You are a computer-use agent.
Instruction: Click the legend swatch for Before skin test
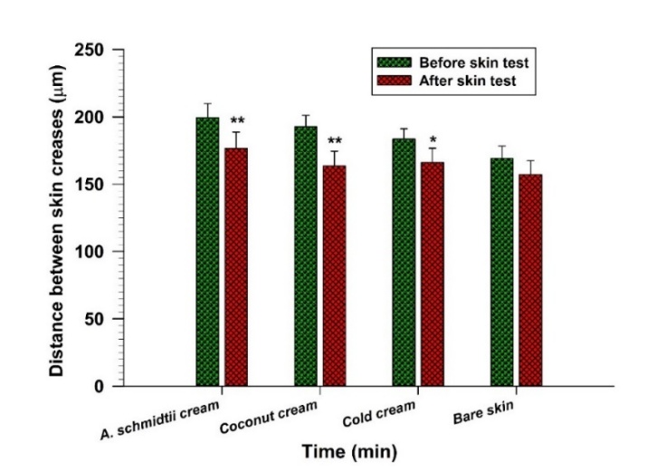pyautogui.click(x=394, y=62)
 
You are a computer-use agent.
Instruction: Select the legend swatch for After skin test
pyautogui.click(x=394, y=80)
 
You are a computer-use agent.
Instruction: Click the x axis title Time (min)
pyautogui.click(x=350, y=449)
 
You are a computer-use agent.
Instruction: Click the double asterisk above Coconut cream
pyautogui.click(x=335, y=141)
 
